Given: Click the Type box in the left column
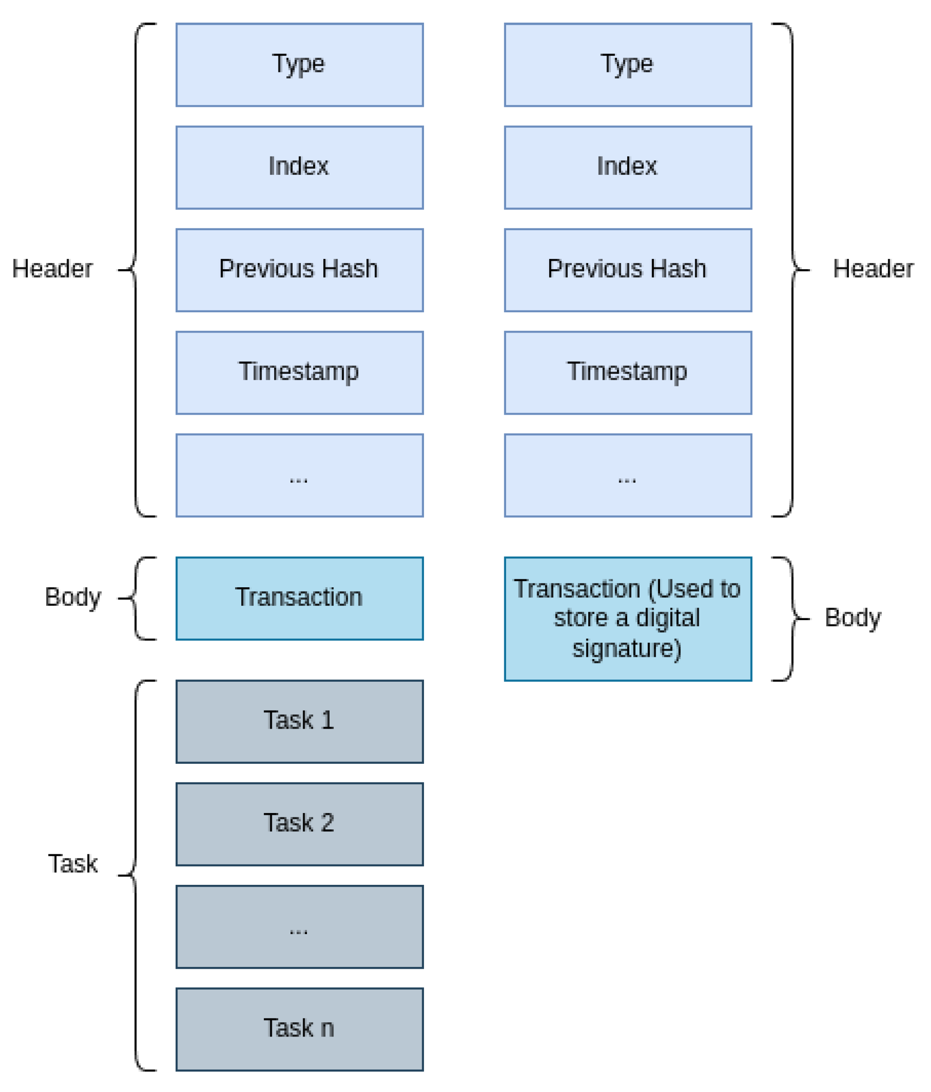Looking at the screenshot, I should click(x=299, y=64).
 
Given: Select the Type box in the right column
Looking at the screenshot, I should click(x=628, y=64).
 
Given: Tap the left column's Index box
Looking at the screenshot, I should click(x=299, y=167).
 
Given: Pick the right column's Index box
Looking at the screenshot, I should click(x=628, y=167).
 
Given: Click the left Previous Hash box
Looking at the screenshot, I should click(x=299, y=270).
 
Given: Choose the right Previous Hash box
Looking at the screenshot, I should click(x=628, y=270).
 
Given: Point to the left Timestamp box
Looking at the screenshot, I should click(x=299, y=373).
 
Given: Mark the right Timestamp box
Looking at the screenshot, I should click(x=628, y=373).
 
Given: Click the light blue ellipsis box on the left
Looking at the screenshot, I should click(x=299, y=475).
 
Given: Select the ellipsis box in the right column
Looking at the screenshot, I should click(x=628, y=475).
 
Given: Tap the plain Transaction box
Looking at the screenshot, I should click(x=299, y=598).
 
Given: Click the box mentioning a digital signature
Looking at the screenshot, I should click(x=628, y=619).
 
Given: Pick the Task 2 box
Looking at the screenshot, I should click(x=299, y=824).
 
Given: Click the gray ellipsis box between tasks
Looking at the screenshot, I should click(x=299, y=927).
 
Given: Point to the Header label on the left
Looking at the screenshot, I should click(x=52, y=269).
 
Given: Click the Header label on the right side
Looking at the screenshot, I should click(x=872, y=269).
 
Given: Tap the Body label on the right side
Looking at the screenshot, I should click(x=852, y=618).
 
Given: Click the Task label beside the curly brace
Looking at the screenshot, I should click(x=73, y=864).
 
